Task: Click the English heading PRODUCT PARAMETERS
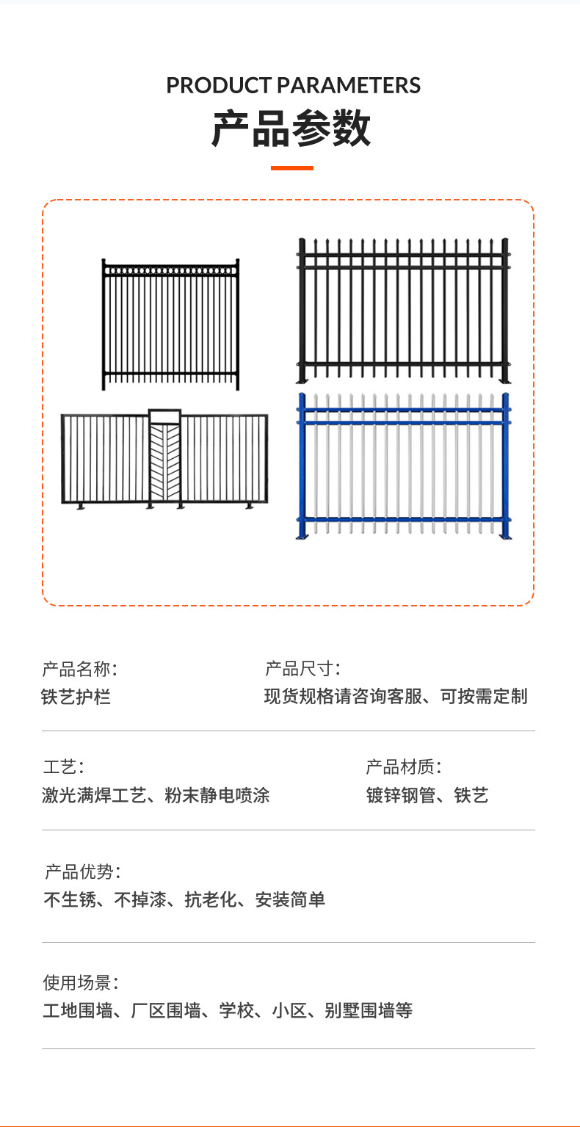point(293,86)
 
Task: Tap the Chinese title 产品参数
point(291,129)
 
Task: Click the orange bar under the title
point(291,168)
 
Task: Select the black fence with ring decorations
point(170,324)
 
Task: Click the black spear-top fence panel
point(403,310)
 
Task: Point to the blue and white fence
point(403,467)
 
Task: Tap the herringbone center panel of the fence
point(164,463)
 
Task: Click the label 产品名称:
point(79,669)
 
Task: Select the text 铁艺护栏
point(76,696)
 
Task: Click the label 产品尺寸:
point(302,669)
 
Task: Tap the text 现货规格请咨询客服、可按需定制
point(396,696)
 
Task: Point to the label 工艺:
point(63,768)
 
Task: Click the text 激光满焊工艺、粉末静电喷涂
point(156,795)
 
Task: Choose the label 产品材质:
point(404,768)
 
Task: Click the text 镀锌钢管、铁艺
point(427,795)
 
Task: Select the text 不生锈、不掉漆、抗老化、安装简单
point(184,899)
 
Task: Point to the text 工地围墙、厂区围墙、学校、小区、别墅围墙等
point(228,1011)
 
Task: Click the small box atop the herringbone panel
point(164,416)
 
